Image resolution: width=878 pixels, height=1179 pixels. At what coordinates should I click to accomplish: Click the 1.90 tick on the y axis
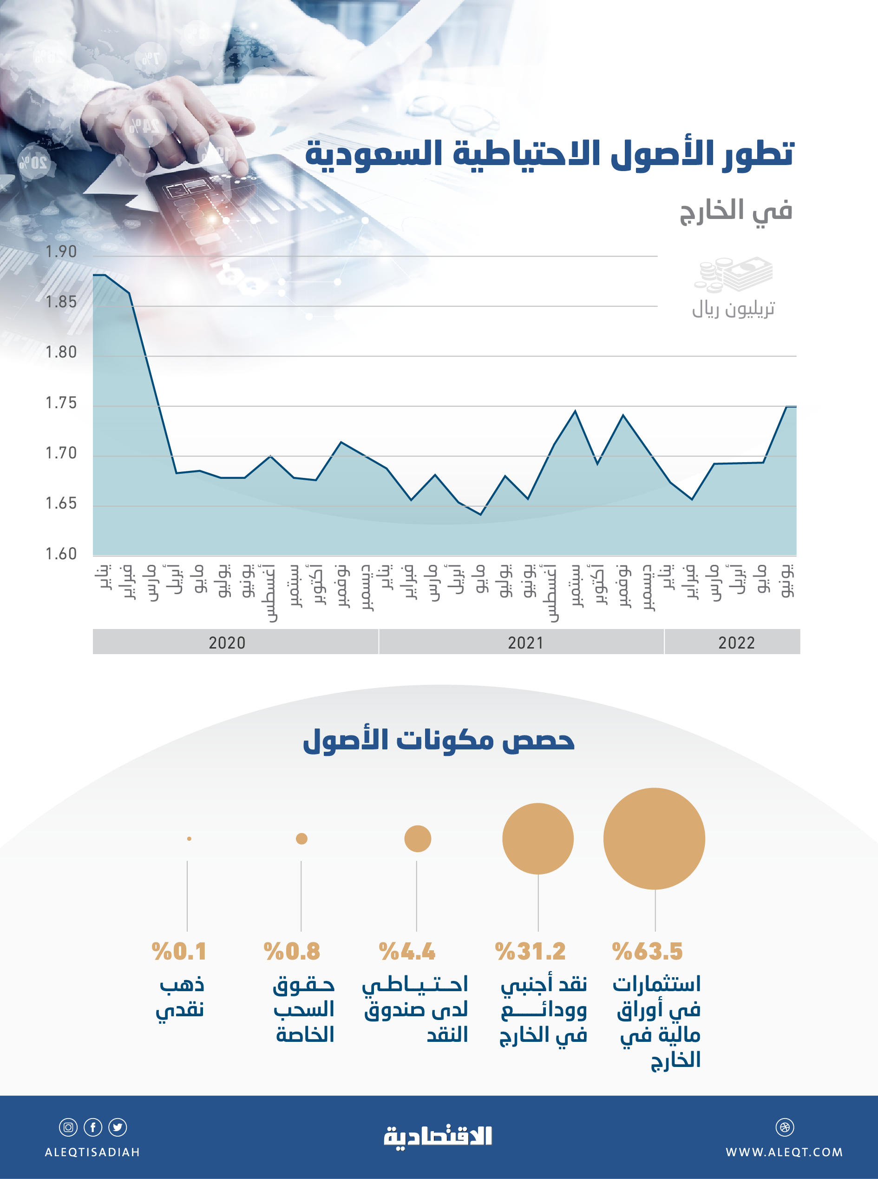(x=61, y=252)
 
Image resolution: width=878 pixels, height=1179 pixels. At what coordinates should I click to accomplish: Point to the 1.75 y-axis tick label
(x=61, y=403)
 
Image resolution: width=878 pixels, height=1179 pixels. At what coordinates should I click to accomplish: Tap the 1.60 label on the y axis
(x=61, y=554)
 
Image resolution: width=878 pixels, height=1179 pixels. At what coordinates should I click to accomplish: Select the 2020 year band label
(x=227, y=643)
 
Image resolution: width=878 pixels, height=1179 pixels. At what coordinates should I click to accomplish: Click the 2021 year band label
(x=525, y=643)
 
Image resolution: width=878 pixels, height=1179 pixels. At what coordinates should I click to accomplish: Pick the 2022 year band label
(x=736, y=643)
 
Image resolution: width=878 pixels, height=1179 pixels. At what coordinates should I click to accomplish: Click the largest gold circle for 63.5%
(x=654, y=839)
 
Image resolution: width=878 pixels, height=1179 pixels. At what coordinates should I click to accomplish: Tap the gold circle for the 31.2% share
(x=538, y=839)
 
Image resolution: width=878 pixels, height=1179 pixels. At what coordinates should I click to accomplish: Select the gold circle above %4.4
(x=417, y=839)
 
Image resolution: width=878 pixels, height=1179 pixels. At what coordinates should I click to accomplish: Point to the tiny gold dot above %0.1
(x=189, y=839)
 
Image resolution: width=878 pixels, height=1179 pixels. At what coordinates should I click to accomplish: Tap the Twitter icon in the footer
(x=118, y=1127)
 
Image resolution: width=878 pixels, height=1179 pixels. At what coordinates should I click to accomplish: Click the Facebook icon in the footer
(x=93, y=1127)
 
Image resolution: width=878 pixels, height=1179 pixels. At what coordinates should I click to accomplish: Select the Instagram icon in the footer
(x=68, y=1127)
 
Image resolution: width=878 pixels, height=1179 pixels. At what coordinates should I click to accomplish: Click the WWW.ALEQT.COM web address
(x=784, y=1152)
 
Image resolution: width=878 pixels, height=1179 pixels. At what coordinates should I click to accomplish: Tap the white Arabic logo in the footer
(x=439, y=1136)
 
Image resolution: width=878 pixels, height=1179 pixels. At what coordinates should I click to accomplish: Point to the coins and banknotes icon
(x=733, y=275)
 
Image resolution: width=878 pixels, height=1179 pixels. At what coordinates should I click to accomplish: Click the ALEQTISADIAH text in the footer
(x=92, y=1152)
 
